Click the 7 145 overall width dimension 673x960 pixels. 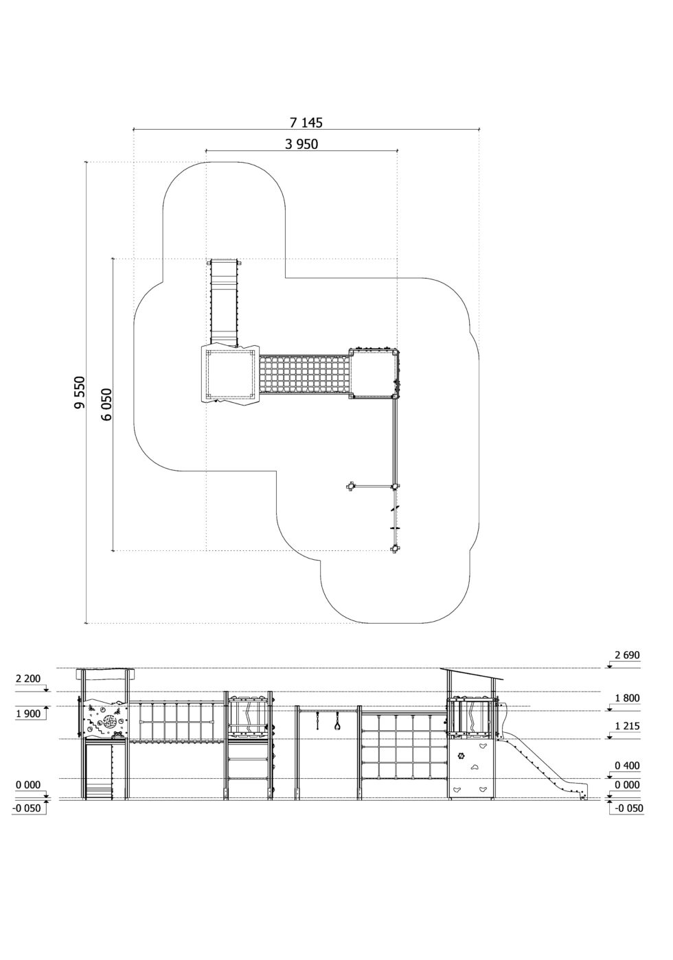pyautogui.click(x=306, y=123)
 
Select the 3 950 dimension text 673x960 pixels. pyautogui.click(x=301, y=144)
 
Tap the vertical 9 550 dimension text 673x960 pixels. pyautogui.click(x=80, y=392)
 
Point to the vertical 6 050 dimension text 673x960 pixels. pyautogui.click(x=107, y=404)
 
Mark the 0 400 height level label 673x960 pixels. pyautogui.click(x=627, y=765)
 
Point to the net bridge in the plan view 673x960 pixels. pyautogui.click(x=304, y=375)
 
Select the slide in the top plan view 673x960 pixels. pyautogui.click(x=223, y=301)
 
